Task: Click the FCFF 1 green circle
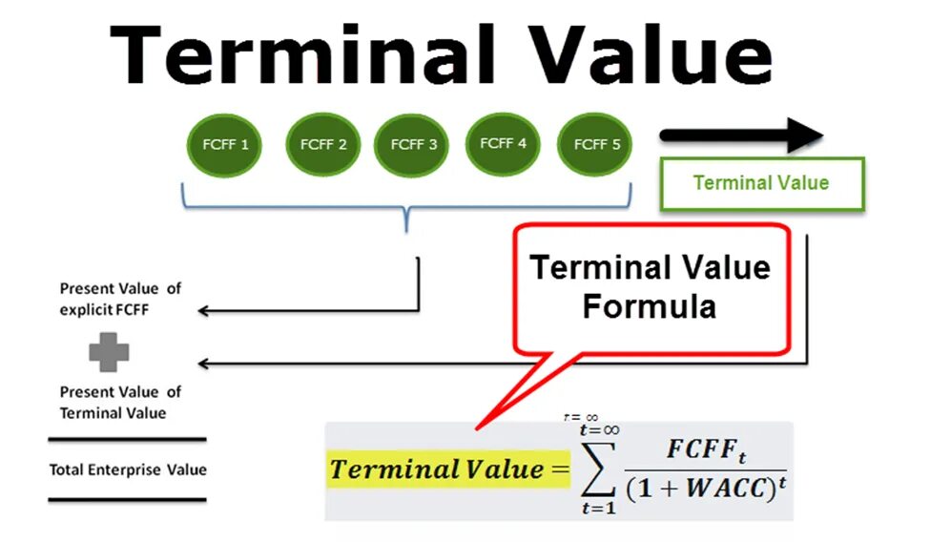(x=225, y=146)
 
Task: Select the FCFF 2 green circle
(x=323, y=146)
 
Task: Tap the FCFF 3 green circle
(x=412, y=146)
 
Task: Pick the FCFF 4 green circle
(x=503, y=144)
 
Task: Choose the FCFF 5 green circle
(x=596, y=145)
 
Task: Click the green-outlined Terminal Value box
(x=760, y=183)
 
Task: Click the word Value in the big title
(x=653, y=55)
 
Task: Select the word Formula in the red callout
(x=650, y=306)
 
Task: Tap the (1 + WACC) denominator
(x=701, y=490)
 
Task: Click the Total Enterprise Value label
(x=128, y=469)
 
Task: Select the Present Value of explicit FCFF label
(x=120, y=298)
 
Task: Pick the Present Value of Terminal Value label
(x=120, y=402)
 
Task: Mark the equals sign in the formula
(x=558, y=469)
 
